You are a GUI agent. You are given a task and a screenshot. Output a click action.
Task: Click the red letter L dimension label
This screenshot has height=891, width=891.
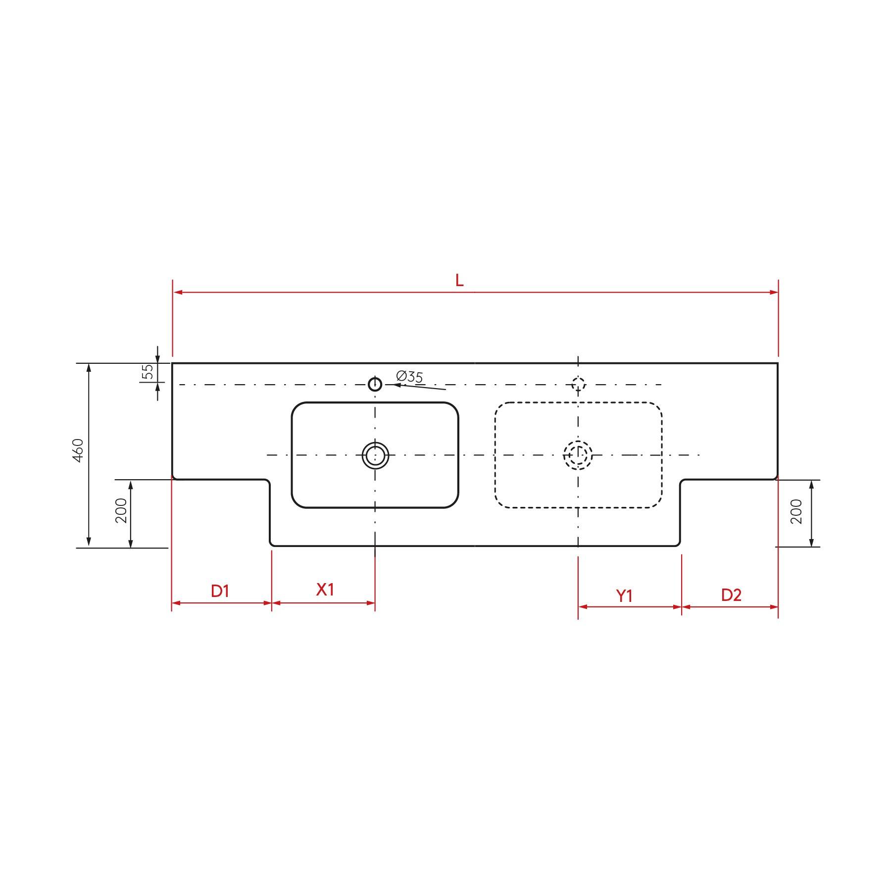pos(459,281)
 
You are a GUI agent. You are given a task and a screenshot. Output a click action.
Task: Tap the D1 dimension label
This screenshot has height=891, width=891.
pos(220,591)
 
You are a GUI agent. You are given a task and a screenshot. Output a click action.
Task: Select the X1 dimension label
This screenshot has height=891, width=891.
pos(325,590)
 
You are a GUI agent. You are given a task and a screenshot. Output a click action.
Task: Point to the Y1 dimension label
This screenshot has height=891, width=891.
pos(625,596)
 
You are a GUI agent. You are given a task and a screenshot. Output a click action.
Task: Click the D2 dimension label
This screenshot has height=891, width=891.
pos(731,595)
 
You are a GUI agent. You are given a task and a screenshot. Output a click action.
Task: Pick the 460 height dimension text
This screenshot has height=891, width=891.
pos(78,450)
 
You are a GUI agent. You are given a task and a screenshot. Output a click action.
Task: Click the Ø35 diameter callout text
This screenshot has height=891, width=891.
pos(410,377)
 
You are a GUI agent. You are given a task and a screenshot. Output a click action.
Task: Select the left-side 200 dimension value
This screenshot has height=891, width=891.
pos(121,511)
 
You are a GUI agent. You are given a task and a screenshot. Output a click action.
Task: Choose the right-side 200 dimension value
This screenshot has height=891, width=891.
pos(796,512)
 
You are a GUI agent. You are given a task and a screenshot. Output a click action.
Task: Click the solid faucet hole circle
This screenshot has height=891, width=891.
pos(375,384)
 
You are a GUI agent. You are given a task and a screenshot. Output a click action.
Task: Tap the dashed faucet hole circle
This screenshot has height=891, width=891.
pos(579,384)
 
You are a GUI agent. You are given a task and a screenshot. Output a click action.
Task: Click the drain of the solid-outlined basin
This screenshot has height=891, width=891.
pos(375,455)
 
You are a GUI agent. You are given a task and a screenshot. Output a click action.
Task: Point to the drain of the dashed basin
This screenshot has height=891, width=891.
pos(578,454)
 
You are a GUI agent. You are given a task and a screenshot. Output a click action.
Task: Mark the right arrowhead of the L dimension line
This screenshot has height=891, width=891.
pos(774,293)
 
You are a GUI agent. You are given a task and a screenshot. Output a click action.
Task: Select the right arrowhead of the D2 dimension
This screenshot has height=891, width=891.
pos(774,607)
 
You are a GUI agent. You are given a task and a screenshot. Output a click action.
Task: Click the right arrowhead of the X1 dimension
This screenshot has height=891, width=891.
pos(371,603)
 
